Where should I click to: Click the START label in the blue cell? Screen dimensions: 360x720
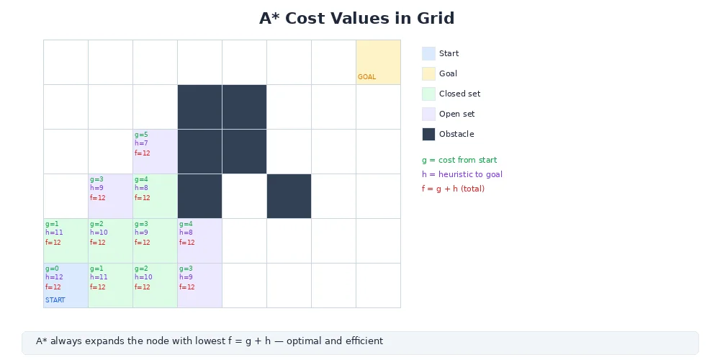pyautogui.click(x=55, y=300)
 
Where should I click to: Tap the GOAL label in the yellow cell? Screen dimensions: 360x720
pyautogui.click(x=366, y=77)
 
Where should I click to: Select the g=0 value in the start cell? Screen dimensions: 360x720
pyautogui.click(x=52, y=269)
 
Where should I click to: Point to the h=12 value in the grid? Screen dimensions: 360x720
pyautogui.click(x=54, y=277)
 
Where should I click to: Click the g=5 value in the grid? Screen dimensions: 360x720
pyautogui.click(x=141, y=135)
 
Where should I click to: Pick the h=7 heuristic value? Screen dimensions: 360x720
pyautogui.click(x=141, y=143)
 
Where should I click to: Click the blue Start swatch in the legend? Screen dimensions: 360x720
pyautogui.click(x=428, y=53)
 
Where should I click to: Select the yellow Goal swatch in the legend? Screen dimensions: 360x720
pyautogui.click(x=428, y=73)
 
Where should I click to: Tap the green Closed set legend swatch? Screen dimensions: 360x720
pyautogui.click(x=428, y=94)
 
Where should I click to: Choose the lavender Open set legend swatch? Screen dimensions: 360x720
pyautogui.click(x=428, y=114)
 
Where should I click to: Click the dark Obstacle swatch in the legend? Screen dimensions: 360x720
pyautogui.click(x=428, y=134)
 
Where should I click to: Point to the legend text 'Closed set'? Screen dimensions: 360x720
pyautogui.click(x=459, y=94)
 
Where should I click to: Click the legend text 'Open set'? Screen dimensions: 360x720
pyautogui.click(x=456, y=114)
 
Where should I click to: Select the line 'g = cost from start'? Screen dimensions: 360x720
pyautogui.click(x=459, y=160)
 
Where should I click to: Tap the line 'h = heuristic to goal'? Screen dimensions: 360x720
pyautogui.click(x=462, y=174)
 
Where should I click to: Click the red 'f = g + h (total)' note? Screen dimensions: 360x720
pyautogui.click(x=453, y=189)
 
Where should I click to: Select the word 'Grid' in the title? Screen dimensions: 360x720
pyautogui.click(x=436, y=19)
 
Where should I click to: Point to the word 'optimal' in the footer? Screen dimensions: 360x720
pyautogui.click(x=303, y=341)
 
